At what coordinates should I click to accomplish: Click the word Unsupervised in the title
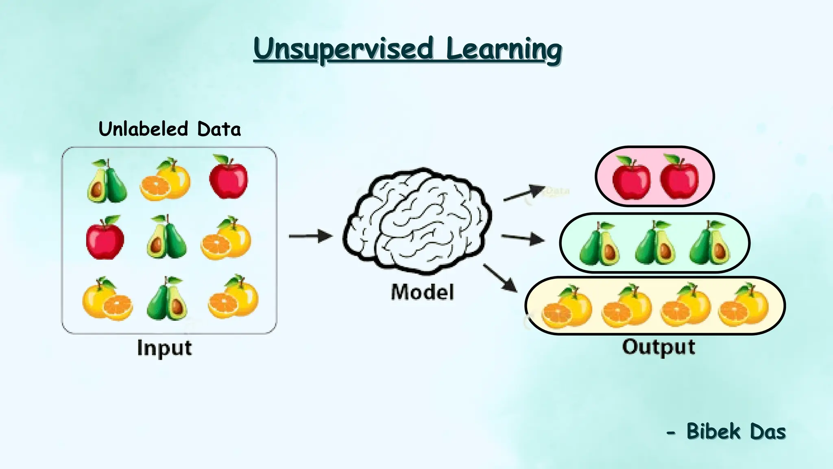pyautogui.click(x=344, y=49)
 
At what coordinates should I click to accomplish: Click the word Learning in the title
pyautogui.click(x=504, y=49)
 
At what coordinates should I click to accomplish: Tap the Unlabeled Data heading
pyautogui.click(x=170, y=129)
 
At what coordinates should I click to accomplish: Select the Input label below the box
pyautogui.click(x=164, y=348)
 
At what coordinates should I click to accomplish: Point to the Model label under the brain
pyautogui.click(x=422, y=292)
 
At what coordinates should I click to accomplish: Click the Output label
pyautogui.click(x=659, y=347)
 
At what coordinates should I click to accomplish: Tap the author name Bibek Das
pyautogui.click(x=736, y=432)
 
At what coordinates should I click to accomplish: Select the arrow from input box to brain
pyautogui.click(x=310, y=236)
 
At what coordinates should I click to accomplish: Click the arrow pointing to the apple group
pyautogui.click(x=524, y=193)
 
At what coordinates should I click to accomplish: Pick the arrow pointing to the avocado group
pyautogui.click(x=523, y=238)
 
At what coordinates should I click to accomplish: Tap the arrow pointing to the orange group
pyautogui.click(x=500, y=278)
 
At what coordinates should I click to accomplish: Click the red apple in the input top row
pyautogui.click(x=228, y=178)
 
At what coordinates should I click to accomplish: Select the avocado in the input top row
pyautogui.click(x=107, y=182)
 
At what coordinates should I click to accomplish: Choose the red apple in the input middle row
pyautogui.click(x=105, y=238)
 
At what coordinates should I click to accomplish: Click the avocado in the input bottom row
pyautogui.click(x=167, y=299)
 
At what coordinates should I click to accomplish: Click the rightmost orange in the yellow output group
pyautogui.click(x=744, y=306)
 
